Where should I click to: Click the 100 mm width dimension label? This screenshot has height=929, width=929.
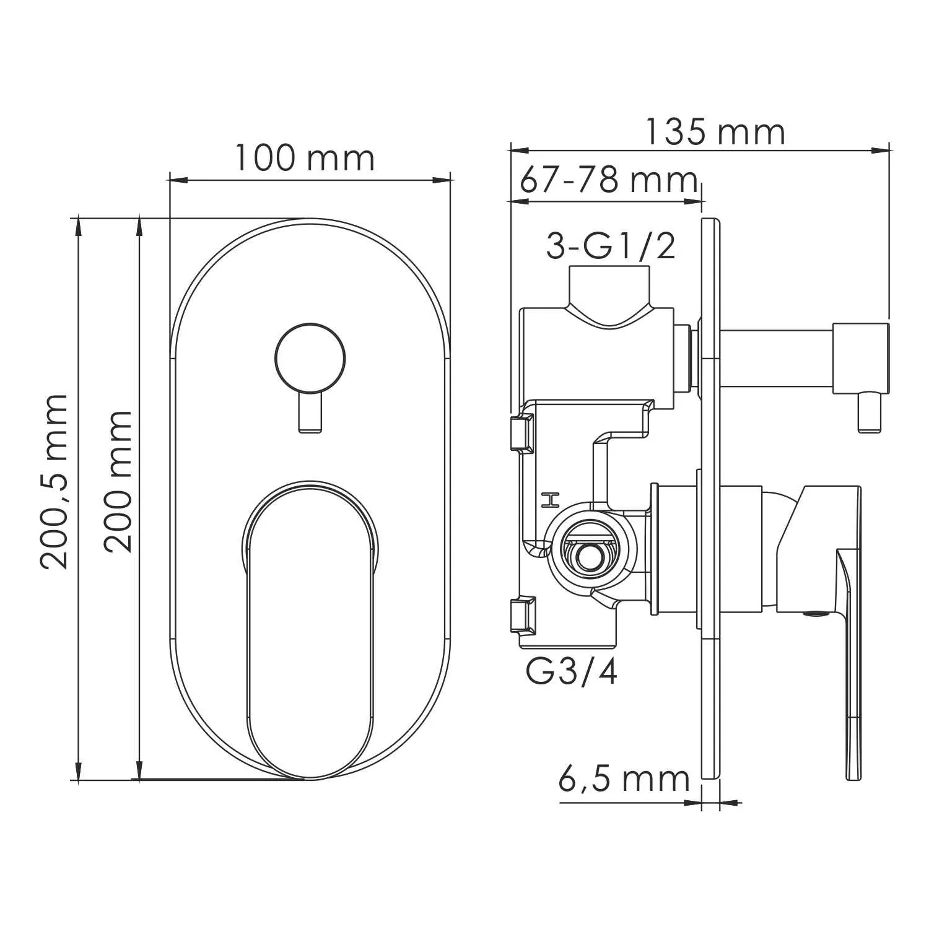pyautogui.click(x=305, y=159)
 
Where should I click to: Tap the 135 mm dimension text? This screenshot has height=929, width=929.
pyautogui.click(x=715, y=132)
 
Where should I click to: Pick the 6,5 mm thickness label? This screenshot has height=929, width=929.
pyautogui.click(x=624, y=779)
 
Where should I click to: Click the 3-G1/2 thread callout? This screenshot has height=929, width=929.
pyautogui.click(x=610, y=246)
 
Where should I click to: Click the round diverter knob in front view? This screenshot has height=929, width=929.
pyautogui.click(x=309, y=358)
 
